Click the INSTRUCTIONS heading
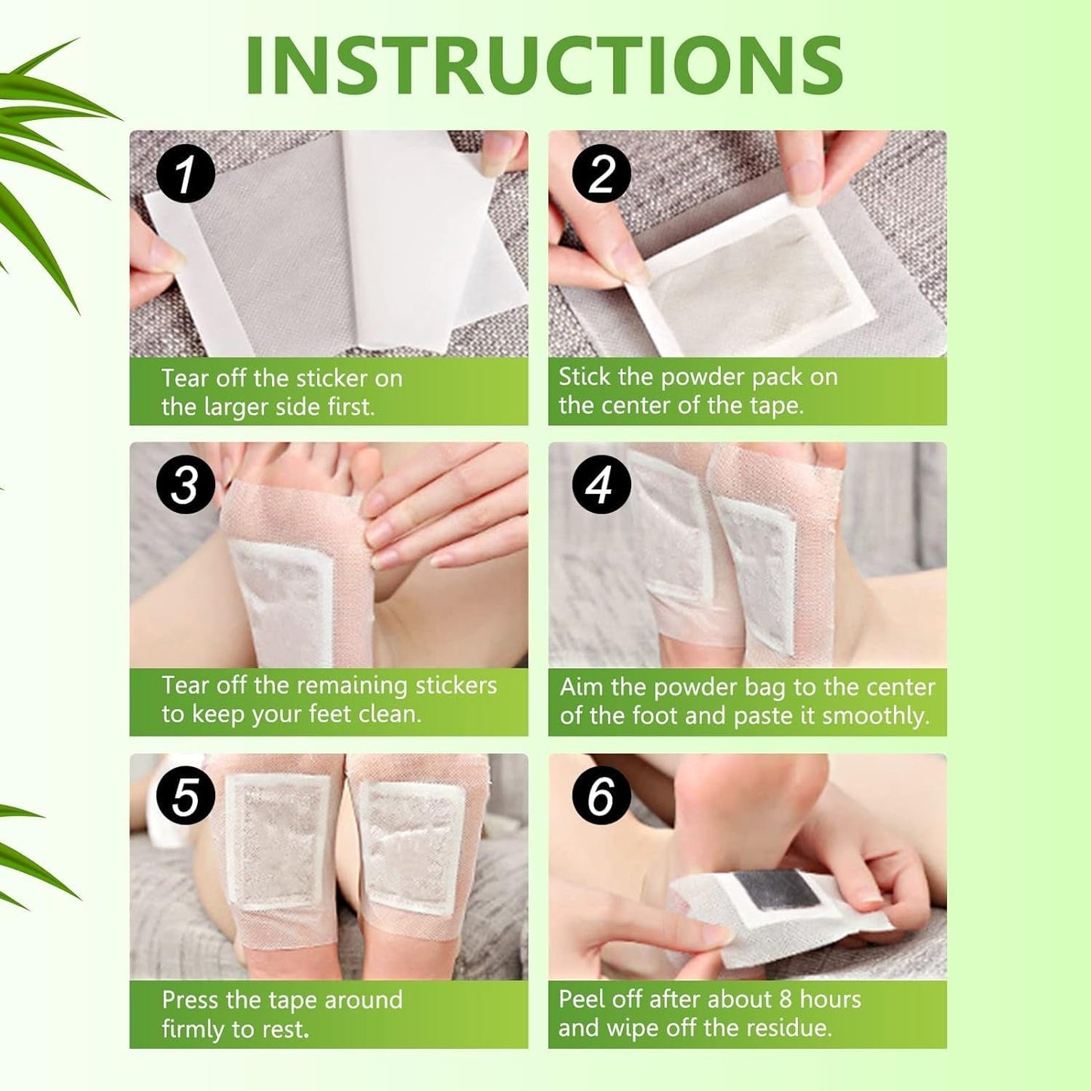(x=544, y=65)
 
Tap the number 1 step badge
(x=185, y=174)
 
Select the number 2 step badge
(x=601, y=173)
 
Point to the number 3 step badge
(x=185, y=485)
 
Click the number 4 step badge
(x=601, y=485)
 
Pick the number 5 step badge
(x=185, y=797)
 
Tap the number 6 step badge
(x=601, y=796)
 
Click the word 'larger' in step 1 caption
(x=233, y=408)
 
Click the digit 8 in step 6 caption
(x=784, y=1000)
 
